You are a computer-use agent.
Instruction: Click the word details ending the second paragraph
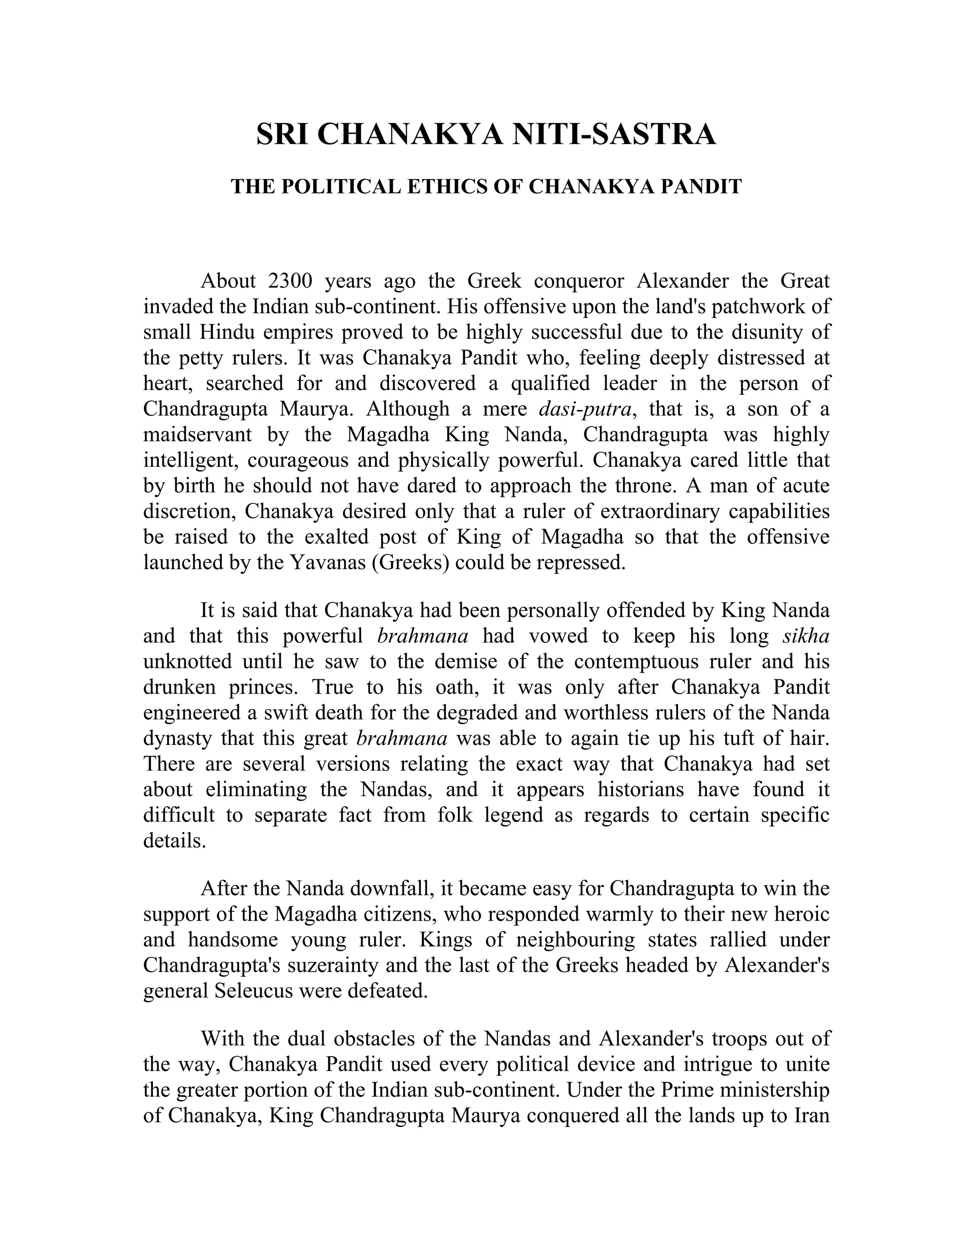tap(173, 840)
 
